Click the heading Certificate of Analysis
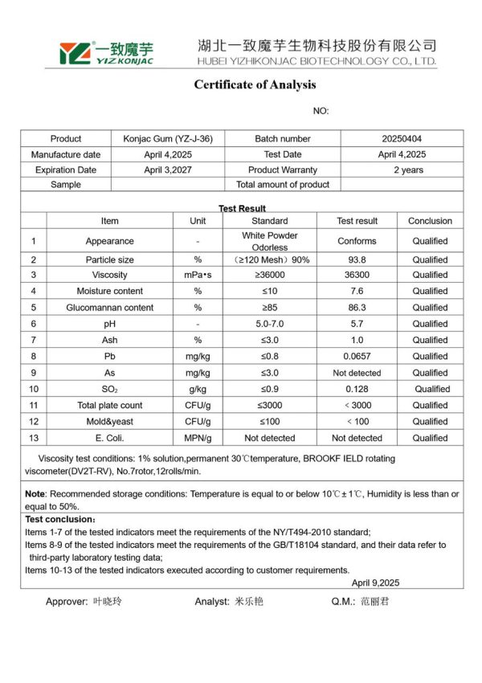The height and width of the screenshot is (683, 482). pos(255,85)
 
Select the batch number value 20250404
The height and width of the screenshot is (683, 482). pos(402,139)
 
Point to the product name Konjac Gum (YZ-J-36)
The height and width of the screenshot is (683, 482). pos(168,139)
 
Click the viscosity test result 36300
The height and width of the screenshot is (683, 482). pos(357,275)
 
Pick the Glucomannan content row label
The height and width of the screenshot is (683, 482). pos(110,308)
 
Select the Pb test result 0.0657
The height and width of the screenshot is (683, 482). pos(357,356)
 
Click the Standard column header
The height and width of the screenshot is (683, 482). pos(269,221)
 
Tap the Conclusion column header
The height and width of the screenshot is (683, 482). pos(430,221)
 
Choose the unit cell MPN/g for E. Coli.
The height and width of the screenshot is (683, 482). pos(197,438)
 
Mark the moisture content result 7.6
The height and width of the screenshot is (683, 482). pos(357,291)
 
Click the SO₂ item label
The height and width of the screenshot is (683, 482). pos(110,389)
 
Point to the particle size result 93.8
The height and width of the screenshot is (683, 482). pos(357,260)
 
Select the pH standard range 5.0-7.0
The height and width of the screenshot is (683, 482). pos(269,324)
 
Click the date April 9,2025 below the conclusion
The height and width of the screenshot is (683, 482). pos(375,583)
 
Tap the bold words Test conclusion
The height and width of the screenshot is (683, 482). pos(59,520)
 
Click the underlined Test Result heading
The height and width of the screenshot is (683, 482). pos(242,208)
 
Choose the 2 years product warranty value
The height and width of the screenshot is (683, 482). pos(402,170)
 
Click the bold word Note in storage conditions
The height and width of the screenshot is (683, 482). pos(35,494)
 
